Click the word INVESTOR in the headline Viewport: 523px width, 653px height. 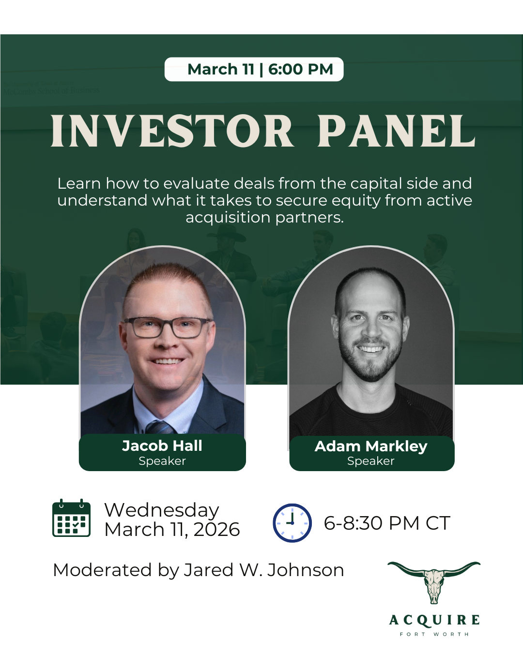(x=172, y=131)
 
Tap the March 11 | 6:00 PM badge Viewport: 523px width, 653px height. (x=254, y=69)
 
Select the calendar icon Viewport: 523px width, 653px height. (x=71, y=518)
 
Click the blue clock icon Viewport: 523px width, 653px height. (x=292, y=523)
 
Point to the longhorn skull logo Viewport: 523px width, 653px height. (x=434, y=582)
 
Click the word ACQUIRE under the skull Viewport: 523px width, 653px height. (x=434, y=620)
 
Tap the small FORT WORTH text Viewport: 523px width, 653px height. (x=434, y=634)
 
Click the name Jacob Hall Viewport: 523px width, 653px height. (x=162, y=446)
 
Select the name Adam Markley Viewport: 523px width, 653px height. (x=371, y=446)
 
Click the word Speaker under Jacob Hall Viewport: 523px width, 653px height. (x=162, y=461)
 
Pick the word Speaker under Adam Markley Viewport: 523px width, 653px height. (x=371, y=461)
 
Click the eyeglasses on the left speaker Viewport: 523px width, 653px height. (x=167, y=327)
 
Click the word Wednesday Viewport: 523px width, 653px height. (x=162, y=510)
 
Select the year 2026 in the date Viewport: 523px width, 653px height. (x=216, y=530)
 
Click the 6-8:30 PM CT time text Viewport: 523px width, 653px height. (x=387, y=523)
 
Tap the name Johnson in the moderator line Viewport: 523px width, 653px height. (x=306, y=570)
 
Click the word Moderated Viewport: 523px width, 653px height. (x=102, y=570)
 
